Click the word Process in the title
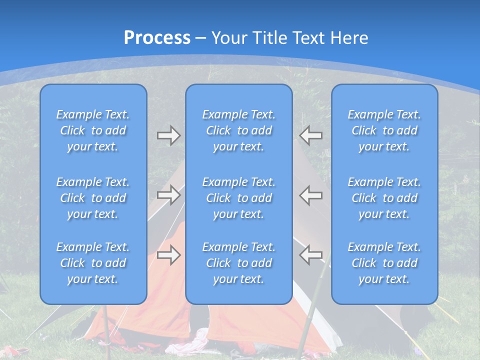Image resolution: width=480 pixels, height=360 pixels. point(157,38)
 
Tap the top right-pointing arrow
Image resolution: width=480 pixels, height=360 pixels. point(168,135)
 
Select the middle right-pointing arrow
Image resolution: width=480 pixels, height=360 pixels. point(168,195)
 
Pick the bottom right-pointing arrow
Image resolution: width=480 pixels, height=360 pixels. point(168,254)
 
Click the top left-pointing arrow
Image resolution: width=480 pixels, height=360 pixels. point(311,135)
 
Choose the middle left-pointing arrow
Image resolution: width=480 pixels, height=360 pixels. point(311,195)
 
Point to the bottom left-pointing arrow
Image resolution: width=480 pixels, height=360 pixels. point(311,254)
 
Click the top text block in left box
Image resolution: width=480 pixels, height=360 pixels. point(93,130)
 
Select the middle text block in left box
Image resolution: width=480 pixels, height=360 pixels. point(93,198)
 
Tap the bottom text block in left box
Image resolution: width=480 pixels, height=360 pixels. point(93,263)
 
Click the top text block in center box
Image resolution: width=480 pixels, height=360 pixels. point(238,130)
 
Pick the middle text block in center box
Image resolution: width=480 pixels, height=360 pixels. point(238,198)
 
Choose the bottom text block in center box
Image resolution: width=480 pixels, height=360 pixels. point(238,263)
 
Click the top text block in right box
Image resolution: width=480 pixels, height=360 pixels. point(384,130)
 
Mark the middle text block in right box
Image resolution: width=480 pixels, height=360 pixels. point(384,198)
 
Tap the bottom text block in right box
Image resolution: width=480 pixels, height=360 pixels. point(384,263)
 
